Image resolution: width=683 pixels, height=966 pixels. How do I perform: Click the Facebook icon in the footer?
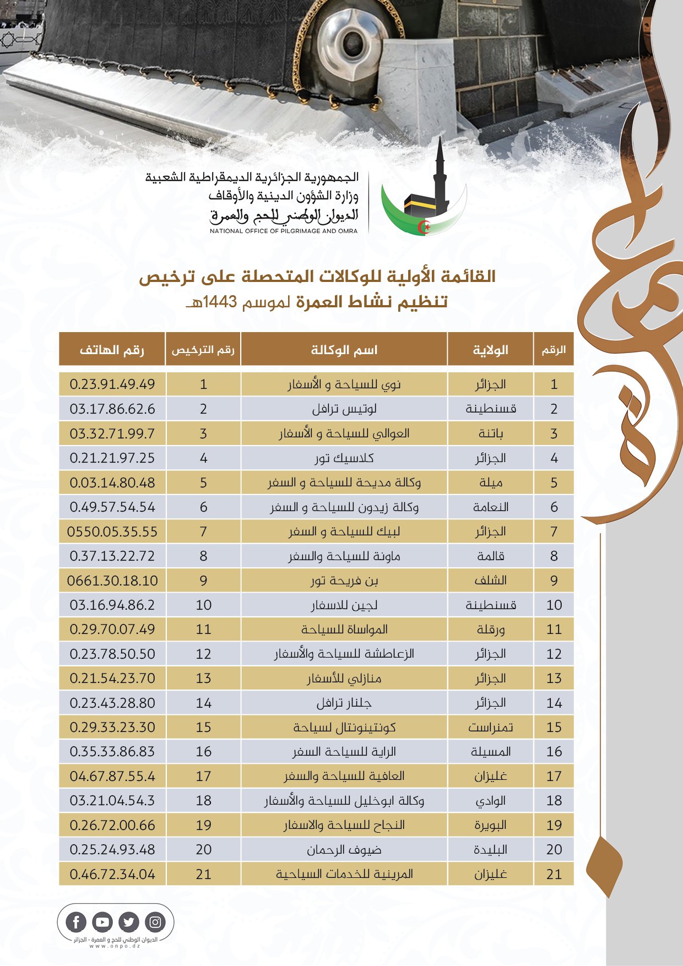tap(76, 922)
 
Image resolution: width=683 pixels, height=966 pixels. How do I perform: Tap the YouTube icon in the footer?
tap(102, 922)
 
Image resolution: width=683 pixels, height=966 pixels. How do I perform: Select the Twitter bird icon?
tap(129, 922)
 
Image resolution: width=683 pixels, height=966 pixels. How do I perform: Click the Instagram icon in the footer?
tap(155, 922)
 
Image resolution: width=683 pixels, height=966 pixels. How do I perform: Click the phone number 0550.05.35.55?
tap(112, 531)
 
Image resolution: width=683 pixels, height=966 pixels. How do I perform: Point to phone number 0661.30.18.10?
tap(112, 580)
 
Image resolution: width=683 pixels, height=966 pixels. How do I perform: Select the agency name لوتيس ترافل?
tap(344, 409)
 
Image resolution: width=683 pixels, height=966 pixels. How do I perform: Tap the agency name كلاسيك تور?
tap(344, 458)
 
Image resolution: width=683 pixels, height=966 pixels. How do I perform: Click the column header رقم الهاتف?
tap(112, 350)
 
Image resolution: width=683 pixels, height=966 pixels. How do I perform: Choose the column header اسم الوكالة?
tap(344, 350)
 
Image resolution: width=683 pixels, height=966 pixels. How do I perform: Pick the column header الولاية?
tap(490, 350)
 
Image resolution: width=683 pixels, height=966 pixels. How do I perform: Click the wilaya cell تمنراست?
tap(490, 727)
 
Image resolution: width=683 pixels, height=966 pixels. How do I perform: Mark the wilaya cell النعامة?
tap(490, 507)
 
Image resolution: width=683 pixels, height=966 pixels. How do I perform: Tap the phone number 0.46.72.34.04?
tap(112, 874)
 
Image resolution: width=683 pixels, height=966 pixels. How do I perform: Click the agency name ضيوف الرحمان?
tap(344, 850)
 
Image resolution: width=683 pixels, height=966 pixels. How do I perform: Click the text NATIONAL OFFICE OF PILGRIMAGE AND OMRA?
tap(284, 231)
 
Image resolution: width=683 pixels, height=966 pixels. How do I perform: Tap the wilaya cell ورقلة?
tap(490, 629)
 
